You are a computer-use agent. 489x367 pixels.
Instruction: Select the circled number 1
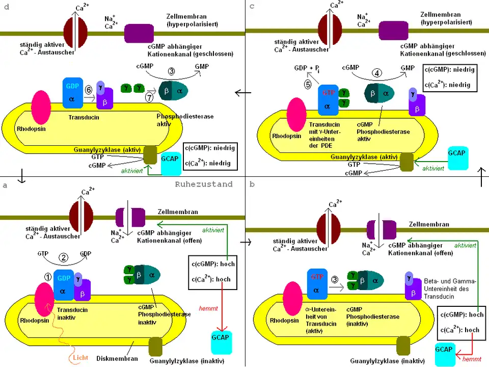tap(47, 277)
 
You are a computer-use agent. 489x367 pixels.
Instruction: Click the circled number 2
tap(64, 258)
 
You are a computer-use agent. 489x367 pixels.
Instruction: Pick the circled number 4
tap(376, 72)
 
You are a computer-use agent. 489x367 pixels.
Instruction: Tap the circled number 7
tap(150, 97)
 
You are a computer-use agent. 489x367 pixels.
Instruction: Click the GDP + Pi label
tap(308, 68)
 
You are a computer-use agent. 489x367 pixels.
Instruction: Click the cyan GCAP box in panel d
tap(170, 159)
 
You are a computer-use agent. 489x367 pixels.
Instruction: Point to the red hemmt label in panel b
tap(469, 359)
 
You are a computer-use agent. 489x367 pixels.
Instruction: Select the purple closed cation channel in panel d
tap(139, 32)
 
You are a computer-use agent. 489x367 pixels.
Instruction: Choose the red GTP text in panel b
tap(316, 278)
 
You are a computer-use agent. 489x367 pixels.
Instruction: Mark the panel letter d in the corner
tap(7, 6)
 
